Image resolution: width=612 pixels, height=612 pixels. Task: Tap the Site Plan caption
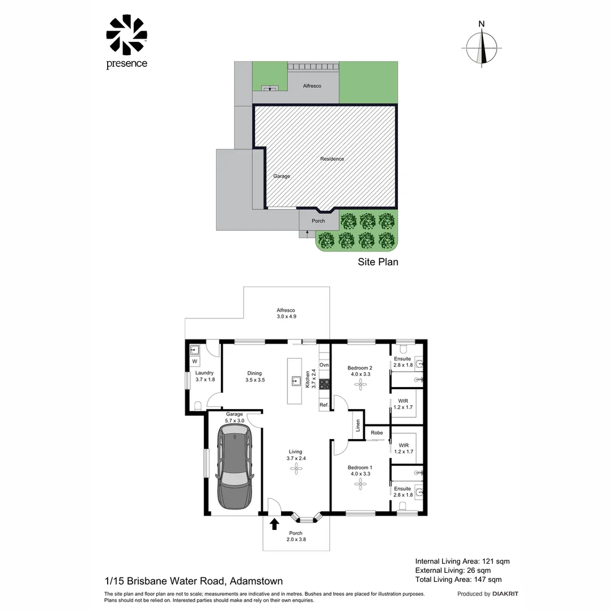coord(378,262)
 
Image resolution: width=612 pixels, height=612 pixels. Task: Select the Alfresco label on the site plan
coord(312,86)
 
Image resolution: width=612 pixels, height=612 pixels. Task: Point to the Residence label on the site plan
coord(332,159)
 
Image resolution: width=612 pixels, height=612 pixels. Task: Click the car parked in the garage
coord(235,467)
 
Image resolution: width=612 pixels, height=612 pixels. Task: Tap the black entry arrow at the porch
coord(274,524)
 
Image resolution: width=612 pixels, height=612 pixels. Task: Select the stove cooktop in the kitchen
coord(325,384)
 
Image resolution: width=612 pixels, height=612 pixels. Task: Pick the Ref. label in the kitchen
coord(324,405)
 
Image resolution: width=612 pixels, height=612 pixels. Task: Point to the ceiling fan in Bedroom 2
coord(360,385)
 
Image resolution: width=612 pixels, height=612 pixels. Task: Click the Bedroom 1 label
coord(360,467)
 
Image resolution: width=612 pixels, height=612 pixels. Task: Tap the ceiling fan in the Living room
coord(296,469)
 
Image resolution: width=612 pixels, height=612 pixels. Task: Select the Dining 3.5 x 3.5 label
coord(255,377)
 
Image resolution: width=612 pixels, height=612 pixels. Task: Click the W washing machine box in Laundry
coord(194,362)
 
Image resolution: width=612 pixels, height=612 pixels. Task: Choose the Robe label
coord(377,433)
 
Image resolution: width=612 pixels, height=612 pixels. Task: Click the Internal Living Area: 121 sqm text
coord(462,561)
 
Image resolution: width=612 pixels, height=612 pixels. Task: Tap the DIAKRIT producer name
coord(505,594)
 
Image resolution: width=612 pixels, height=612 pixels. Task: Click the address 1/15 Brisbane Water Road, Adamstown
coord(194,581)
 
